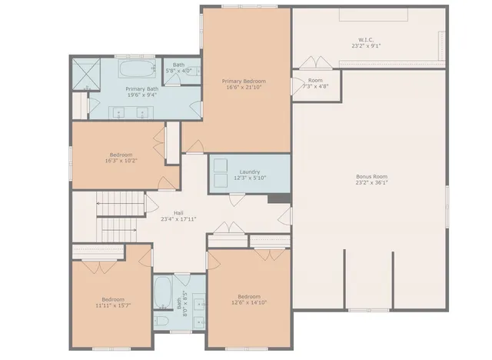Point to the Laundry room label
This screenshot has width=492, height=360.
[249, 172]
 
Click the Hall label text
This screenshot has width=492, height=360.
[178, 212]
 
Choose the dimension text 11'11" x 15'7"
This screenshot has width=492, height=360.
[112, 305]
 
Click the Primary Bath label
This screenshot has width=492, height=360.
[142, 88]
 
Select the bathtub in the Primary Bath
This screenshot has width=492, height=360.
[138, 71]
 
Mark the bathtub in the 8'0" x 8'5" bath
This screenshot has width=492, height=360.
[163, 292]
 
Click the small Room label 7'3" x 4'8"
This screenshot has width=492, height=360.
[315, 80]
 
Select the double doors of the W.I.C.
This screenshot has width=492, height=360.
[312, 62]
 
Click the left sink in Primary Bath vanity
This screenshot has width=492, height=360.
[120, 113]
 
